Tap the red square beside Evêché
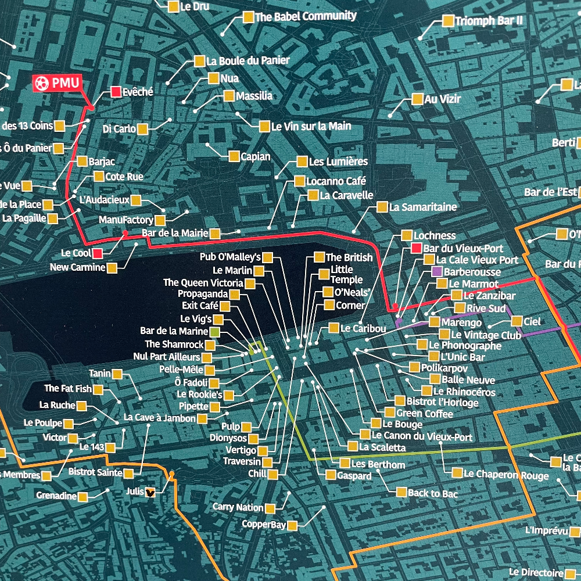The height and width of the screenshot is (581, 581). (x=116, y=92)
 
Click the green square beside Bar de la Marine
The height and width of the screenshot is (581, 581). (x=214, y=332)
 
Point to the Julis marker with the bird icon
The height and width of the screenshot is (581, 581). (x=150, y=492)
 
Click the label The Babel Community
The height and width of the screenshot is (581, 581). (x=306, y=17)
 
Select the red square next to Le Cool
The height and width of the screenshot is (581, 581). (x=98, y=253)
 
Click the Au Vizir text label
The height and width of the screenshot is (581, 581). (x=443, y=99)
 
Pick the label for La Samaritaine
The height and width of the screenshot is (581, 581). (x=423, y=207)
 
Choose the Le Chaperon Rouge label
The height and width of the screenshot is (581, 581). (x=505, y=475)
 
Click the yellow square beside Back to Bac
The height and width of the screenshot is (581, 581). (x=401, y=492)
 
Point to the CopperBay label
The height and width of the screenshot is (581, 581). (x=265, y=525)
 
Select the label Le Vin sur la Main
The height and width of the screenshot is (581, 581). (x=311, y=126)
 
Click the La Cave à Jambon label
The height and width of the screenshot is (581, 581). (x=160, y=418)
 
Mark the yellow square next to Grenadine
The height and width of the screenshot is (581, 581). (x=83, y=496)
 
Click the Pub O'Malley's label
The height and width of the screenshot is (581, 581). (x=230, y=257)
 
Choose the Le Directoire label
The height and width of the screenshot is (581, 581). (x=536, y=572)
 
